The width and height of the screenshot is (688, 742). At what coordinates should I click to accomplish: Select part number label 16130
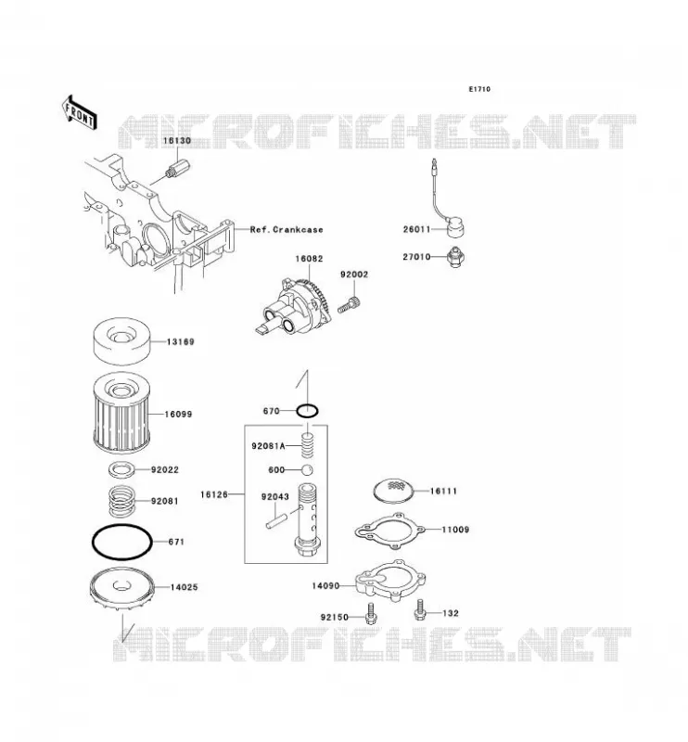(x=177, y=141)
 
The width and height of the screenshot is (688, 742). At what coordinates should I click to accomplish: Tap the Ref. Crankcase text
(x=287, y=229)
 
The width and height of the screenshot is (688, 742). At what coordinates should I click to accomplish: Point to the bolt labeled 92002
(x=350, y=304)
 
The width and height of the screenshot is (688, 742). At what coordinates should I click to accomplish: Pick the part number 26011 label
(x=417, y=229)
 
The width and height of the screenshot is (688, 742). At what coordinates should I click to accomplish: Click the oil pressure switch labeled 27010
(x=455, y=257)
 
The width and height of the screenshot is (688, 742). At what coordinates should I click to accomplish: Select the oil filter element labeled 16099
(x=122, y=413)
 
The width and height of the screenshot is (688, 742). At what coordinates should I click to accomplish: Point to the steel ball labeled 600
(x=308, y=470)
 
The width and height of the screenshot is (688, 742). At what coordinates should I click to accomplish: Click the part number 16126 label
(x=214, y=494)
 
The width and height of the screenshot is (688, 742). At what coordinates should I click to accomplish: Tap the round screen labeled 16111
(x=394, y=492)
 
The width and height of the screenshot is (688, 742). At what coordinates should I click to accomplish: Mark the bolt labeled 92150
(x=371, y=613)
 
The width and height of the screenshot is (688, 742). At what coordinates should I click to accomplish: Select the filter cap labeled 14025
(x=121, y=590)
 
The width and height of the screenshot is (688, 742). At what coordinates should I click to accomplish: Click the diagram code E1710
(x=479, y=89)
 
